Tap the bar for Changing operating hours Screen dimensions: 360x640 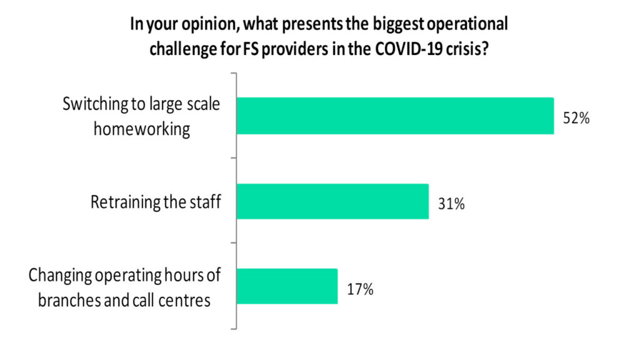click(x=287, y=286)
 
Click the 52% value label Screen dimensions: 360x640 click(x=576, y=119)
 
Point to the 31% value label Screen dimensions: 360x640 click(x=451, y=204)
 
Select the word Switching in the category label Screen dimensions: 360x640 click(x=92, y=104)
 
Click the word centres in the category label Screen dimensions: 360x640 click(x=184, y=300)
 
